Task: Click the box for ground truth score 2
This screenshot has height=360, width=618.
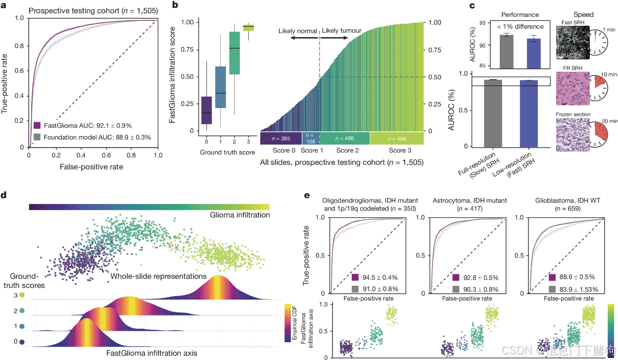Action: point(234,53)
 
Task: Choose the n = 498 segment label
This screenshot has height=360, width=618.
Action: point(396,138)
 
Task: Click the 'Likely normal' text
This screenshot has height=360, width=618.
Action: point(297,31)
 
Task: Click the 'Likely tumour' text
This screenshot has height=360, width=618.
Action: point(341,31)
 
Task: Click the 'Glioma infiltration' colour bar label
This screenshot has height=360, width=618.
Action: point(240,215)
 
